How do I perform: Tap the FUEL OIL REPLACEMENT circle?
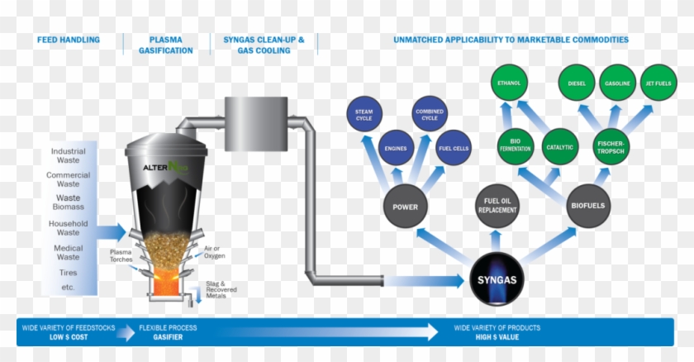(x=497, y=204)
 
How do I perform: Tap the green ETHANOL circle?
(x=509, y=83)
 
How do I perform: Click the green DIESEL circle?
(x=577, y=83)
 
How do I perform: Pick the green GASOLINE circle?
(x=617, y=83)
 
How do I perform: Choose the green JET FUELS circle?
(x=658, y=83)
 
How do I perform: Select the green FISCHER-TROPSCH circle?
(x=611, y=147)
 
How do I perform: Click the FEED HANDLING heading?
(x=68, y=40)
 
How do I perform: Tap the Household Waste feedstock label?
(x=68, y=228)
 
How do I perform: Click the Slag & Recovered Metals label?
(x=221, y=290)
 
